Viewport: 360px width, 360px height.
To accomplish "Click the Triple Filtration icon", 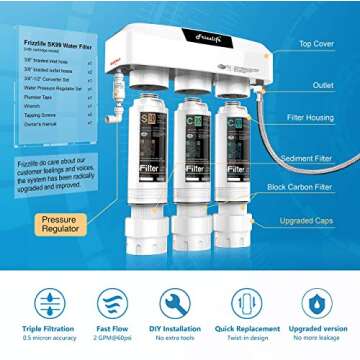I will tap(48, 303).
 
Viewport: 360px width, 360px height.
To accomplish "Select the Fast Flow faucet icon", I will tap(112, 303).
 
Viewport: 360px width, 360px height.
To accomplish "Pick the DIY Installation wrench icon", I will tap(175, 303).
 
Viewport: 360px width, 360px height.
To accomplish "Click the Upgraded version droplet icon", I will tap(317, 303).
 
